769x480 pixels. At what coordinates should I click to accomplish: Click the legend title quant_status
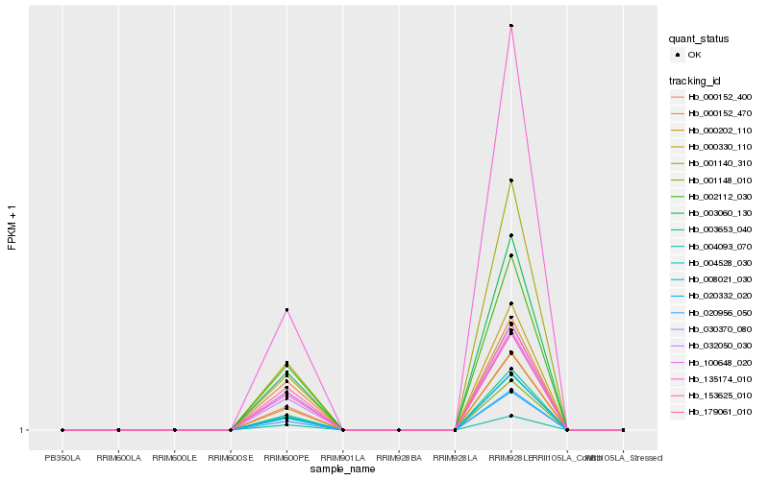[x=699, y=38]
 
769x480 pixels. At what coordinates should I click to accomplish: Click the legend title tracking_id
[x=696, y=80]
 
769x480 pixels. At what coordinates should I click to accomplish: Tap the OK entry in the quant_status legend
[x=693, y=55]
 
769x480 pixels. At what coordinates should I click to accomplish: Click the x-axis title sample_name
[x=343, y=468]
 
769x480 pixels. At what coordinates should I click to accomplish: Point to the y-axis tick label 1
[x=21, y=430]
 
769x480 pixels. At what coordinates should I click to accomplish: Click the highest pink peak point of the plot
[x=511, y=26]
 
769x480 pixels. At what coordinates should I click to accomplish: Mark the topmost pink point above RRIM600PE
[x=286, y=310]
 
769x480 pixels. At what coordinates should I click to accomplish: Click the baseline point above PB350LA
[x=62, y=430]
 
